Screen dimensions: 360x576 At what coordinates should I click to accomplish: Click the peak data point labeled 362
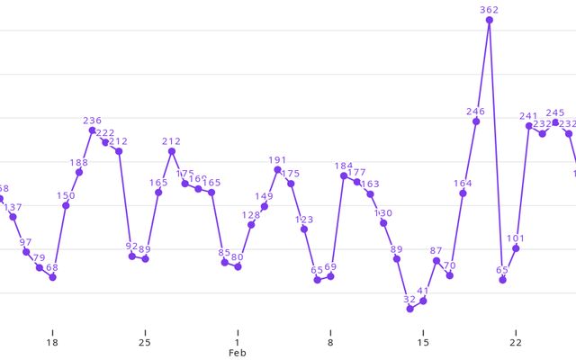(x=490, y=20)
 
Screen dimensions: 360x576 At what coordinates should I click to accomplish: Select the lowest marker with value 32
(x=410, y=309)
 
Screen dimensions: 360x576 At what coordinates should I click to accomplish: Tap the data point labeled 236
(x=93, y=130)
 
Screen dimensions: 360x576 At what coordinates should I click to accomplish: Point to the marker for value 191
(x=277, y=169)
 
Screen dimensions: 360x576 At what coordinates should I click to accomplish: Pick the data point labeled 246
(x=476, y=121)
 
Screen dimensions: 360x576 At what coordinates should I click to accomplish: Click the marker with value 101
(x=516, y=248)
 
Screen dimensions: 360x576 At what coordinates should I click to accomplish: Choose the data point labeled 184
(x=344, y=175)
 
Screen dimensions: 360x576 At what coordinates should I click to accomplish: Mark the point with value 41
(x=423, y=301)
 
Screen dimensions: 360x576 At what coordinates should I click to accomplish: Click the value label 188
(x=79, y=162)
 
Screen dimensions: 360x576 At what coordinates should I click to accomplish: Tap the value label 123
(x=304, y=219)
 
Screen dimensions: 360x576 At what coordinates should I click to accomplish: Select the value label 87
(x=436, y=251)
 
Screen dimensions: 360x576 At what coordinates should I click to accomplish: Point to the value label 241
(x=529, y=116)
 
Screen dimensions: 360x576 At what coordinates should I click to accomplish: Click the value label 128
(x=251, y=214)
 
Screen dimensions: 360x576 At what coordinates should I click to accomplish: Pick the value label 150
(x=66, y=195)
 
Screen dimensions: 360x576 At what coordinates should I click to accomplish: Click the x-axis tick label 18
(x=52, y=342)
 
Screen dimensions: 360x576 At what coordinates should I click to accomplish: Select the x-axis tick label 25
(x=145, y=342)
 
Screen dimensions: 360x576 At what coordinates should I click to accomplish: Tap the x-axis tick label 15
(x=423, y=342)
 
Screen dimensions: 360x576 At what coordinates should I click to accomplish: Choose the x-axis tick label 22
(x=516, y=342)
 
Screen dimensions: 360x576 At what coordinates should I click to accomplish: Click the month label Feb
(x=238, y=354)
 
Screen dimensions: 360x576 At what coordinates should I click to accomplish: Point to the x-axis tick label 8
(x=330, y=342)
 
